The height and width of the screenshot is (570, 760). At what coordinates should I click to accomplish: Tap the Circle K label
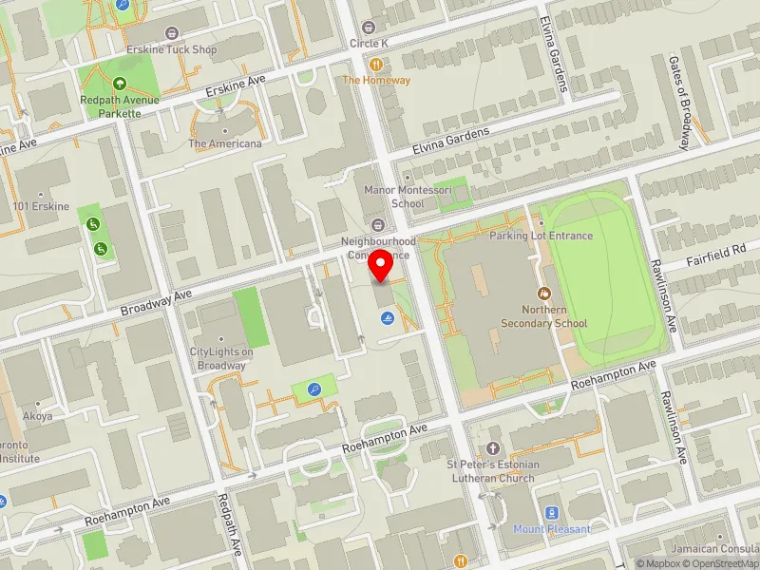pos(370,43)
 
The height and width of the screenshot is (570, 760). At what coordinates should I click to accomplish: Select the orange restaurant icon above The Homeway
pos(377,64)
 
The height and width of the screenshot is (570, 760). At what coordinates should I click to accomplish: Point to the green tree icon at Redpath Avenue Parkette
pos(120,84)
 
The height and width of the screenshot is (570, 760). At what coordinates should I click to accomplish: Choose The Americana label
pos(224,143)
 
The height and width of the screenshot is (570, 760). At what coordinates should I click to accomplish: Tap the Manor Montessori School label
pos(394,197)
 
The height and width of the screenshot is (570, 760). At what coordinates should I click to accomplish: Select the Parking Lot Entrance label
pos(541,236)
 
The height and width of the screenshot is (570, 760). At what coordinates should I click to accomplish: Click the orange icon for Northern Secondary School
pos(544,293)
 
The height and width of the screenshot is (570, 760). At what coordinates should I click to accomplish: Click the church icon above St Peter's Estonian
pos(492,447)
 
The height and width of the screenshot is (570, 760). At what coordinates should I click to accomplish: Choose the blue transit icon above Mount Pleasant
pos(552,512)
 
